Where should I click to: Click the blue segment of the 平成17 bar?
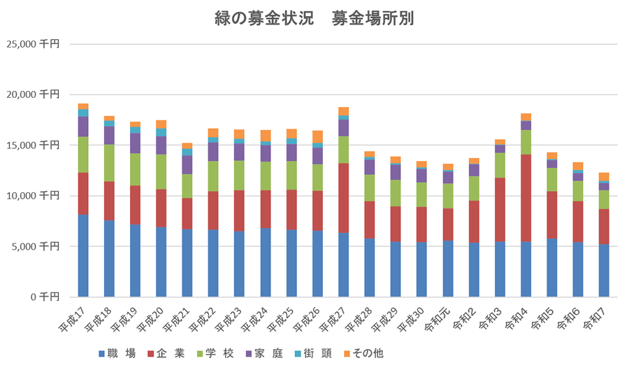83,255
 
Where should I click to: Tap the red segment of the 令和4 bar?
526,198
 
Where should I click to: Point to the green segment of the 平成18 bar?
109,163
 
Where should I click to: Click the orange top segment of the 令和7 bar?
604,176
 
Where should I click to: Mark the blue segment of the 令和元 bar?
447,269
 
